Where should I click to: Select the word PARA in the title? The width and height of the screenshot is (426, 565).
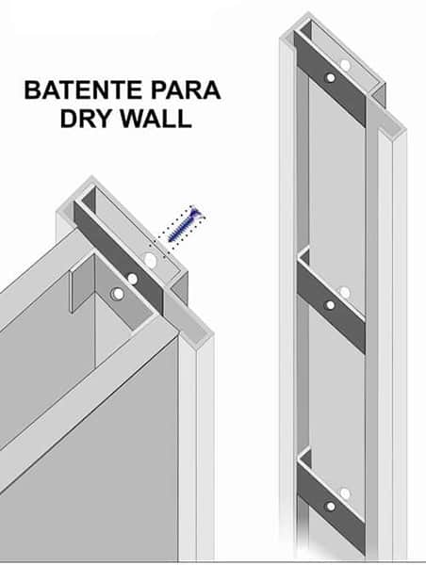tap(186, 90)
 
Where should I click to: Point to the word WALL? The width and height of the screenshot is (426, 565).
tap(156, 118)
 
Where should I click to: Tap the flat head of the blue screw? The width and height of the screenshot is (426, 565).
tap(197, 214)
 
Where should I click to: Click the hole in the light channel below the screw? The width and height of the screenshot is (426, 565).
tap(150, 260)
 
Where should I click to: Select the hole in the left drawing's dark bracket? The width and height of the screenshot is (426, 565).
tap(133, 279)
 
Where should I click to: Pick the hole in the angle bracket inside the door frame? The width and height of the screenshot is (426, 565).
tap(117, 294)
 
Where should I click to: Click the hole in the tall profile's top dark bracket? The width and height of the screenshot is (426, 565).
tap(331, 77)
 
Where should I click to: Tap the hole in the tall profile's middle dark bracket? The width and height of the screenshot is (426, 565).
tap(331, 305)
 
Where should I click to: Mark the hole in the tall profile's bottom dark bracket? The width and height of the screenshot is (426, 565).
tap(331, 507)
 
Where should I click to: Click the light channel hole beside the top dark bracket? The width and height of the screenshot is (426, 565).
tap(345, 65)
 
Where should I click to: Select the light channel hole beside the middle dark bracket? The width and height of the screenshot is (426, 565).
tap(345, 293)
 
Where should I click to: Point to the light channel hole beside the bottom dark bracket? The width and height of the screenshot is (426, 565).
tap(345, 493)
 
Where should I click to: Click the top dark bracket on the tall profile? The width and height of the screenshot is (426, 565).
tap(331, 78)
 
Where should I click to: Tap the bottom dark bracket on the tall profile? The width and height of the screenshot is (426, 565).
tap(331, 508)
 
